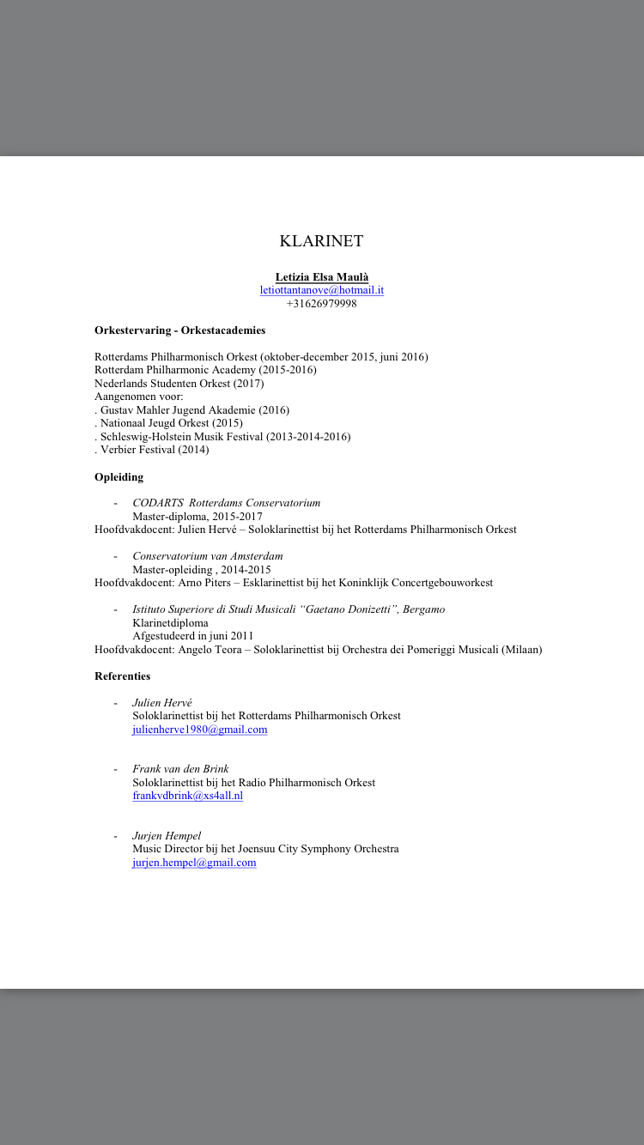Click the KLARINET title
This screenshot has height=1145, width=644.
[321, 241]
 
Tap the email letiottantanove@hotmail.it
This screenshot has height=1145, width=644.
[321, 290]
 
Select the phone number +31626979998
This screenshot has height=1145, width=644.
[321, 304]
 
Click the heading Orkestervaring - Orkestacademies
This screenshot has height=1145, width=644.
[179, 330]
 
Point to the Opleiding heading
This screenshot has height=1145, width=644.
[118, 477]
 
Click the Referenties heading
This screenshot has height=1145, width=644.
[122, 676]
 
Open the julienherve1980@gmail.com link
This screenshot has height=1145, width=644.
[199, 730]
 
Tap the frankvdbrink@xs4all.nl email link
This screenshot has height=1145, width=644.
[187, 796]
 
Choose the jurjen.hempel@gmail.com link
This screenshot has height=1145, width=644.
[194, 863]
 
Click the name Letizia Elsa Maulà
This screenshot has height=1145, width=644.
[321, 276]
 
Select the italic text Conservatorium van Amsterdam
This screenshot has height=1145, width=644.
[207, 556]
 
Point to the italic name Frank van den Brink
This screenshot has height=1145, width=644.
[180, 769]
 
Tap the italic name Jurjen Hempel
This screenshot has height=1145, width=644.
[167, 836]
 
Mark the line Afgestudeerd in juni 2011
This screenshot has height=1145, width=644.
[192, 636]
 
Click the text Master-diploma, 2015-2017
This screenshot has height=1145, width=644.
[197, 517]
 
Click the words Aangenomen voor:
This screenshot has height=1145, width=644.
[138, 397]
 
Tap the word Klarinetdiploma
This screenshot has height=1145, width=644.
[170, 623]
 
